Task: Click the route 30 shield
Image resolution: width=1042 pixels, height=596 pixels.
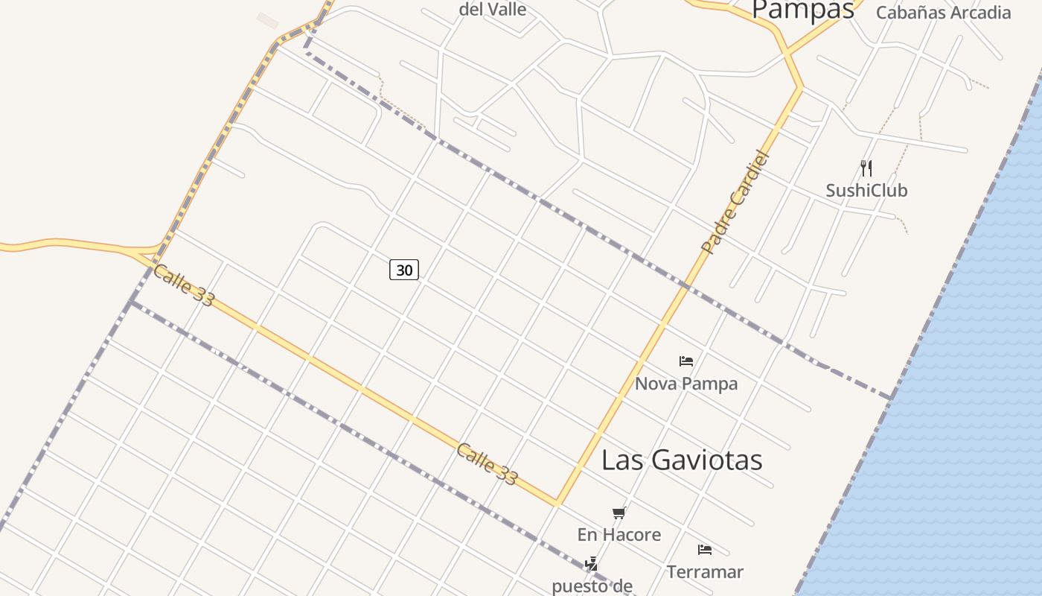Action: point(404,270)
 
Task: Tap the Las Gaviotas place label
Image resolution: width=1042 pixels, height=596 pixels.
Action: point(682,460)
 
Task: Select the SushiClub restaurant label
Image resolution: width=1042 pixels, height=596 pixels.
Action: point(866,190)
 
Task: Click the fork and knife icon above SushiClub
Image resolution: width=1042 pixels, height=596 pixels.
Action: point(866,168)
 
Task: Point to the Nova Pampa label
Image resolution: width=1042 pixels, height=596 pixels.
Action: point(686,384)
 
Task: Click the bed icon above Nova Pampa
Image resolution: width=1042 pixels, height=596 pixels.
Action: point(686,361)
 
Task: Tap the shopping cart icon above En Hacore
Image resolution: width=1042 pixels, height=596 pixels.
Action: point(619,513)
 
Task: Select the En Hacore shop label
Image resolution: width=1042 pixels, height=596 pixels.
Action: point(619,534)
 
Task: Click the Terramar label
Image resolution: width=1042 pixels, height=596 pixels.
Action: point(705,572)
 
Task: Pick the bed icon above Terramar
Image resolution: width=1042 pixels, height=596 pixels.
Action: point(705,551)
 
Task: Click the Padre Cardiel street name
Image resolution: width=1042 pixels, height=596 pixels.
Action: point(734,202)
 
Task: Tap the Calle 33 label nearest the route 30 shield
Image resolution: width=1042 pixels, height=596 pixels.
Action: point(183,285)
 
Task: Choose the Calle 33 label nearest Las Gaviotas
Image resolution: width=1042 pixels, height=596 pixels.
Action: point(487,464)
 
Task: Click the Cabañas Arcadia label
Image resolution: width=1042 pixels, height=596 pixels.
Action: point(943,13)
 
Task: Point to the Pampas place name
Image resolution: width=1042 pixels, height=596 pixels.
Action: point(802,10)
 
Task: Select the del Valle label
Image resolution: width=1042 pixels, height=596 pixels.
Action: point(493,10)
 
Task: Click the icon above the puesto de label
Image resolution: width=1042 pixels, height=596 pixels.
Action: point(591,564)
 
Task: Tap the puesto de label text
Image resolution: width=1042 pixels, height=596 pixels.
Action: point(592,586)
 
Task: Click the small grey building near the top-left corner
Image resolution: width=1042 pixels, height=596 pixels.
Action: point(267,21)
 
